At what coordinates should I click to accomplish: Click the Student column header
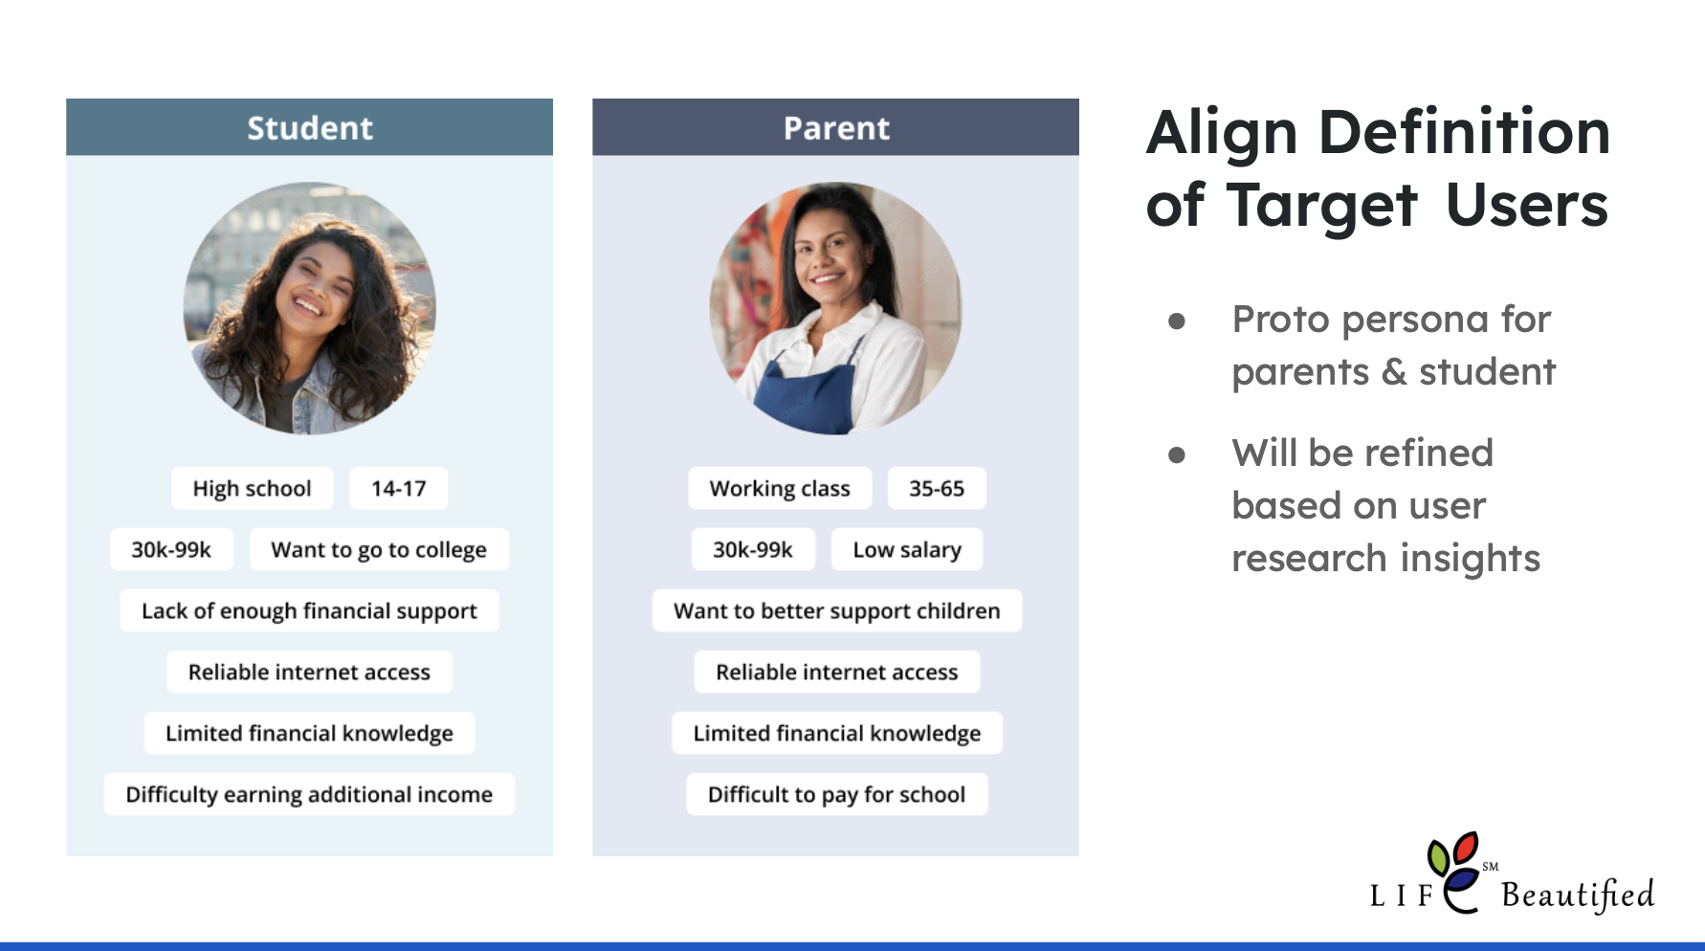pos(309,127)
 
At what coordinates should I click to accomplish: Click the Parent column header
pos(835,127)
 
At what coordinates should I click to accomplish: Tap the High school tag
pos(253,488)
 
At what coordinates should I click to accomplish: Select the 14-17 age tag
pos(398,488)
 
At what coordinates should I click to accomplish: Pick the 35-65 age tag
pos(937,488)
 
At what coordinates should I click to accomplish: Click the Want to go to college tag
pos(379,549)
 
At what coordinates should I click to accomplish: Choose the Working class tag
pos(780,488)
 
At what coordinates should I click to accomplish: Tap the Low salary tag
pos(907,549)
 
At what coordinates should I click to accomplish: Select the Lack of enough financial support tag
pos(309,610)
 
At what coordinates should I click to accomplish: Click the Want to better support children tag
pos(837,610)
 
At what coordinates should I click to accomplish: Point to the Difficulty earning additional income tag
pos(309,794)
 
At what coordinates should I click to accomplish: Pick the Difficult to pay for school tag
pos(837,794)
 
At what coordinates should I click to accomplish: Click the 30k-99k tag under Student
pos(171,549)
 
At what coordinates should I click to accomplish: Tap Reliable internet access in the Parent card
pos(837,672)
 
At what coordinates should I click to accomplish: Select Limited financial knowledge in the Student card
pos(309,733)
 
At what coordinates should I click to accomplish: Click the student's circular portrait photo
pos(309,308)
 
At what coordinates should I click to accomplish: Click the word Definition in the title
pos(1465,132)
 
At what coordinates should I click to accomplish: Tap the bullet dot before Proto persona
pos(1177,321)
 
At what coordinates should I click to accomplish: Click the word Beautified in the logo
pos(1578,895)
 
